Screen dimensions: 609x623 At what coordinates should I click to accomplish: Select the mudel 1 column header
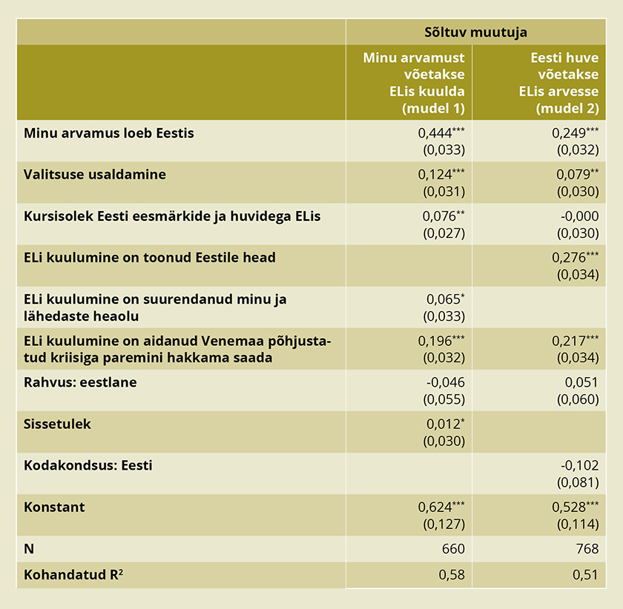click(413, 82)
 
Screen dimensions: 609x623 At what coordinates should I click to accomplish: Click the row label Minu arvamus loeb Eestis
click(108, 133)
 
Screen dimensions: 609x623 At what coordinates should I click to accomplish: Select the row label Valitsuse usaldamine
click(95, 175)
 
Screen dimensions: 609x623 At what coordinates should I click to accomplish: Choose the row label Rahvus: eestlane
click(80, 382)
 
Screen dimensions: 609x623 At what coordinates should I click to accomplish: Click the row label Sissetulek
click(57, 425)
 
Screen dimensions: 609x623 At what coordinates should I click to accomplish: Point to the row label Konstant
click(54, 507)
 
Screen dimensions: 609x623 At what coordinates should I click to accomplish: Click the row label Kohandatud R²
click(73, 575)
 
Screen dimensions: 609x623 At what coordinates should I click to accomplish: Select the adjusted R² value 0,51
click(585, 575)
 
